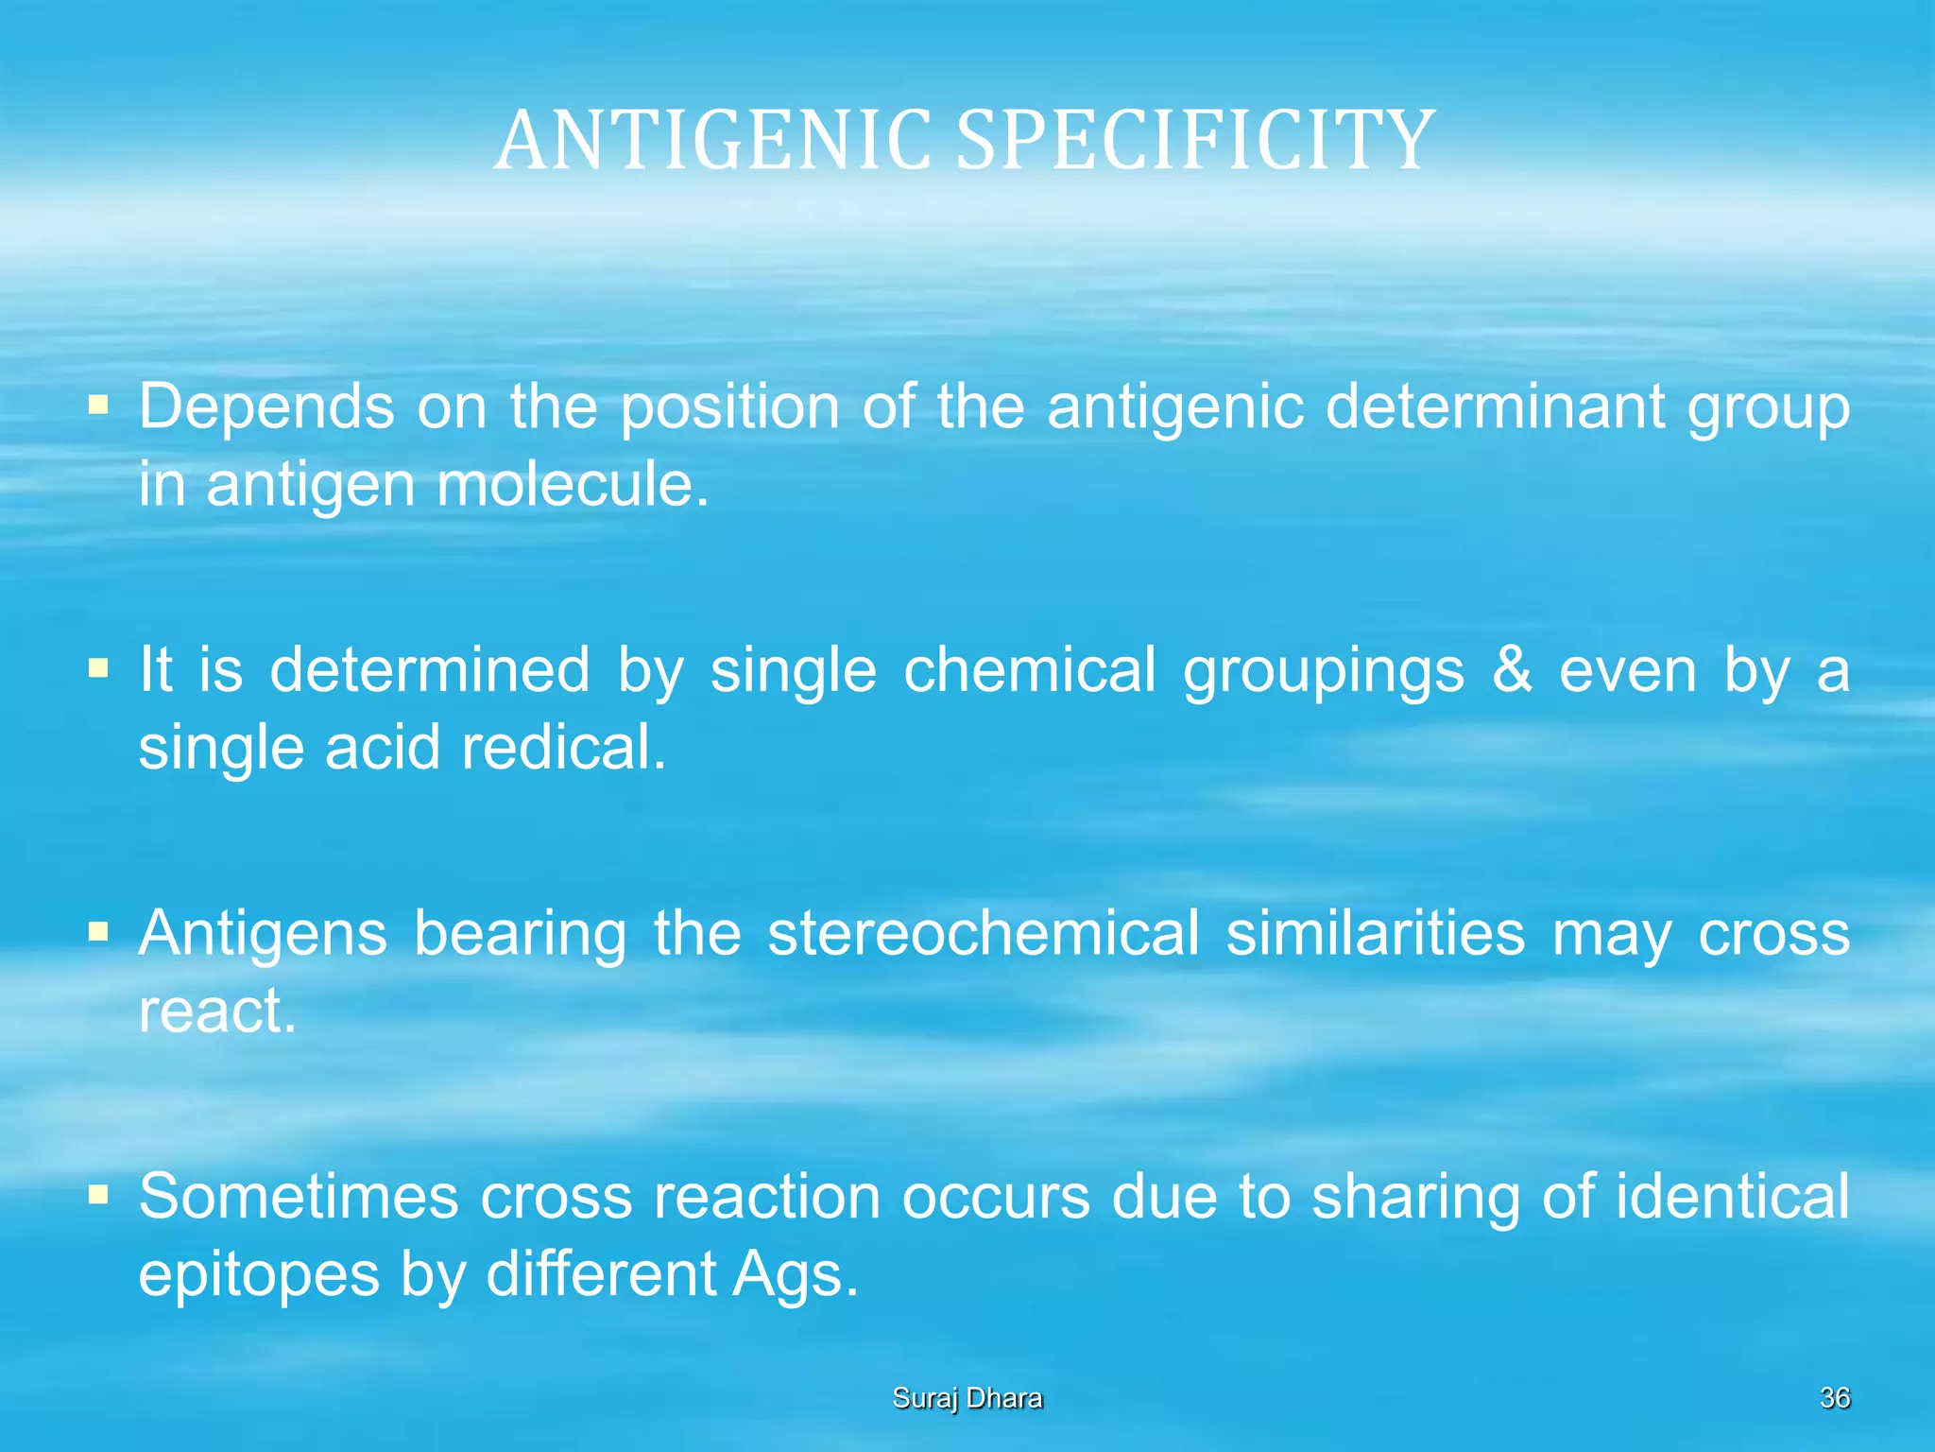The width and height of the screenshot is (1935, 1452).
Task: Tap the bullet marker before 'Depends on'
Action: (x=97, y=406)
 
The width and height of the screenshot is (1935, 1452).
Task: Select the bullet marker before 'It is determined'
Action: (x=97, y=669)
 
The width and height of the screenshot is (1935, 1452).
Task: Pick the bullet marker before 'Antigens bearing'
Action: (x=97, y=933)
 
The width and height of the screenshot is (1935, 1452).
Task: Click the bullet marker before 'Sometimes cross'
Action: (x=97, y=1196)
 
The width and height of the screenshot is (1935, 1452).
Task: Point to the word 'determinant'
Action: (x=1495, y=407)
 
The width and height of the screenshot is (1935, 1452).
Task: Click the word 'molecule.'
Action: (x=572, y=484)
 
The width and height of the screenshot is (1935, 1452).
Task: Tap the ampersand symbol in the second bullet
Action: (x=1512, y=669)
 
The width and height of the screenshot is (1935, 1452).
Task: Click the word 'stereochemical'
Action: (x=983, y=933)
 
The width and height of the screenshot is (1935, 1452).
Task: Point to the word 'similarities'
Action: (x=1375, y=933)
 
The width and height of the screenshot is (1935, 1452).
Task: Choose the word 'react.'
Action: (x=217, y=1011)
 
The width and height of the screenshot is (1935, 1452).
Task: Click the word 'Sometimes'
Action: (x=299, y=1196)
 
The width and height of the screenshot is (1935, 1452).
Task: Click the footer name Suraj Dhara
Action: (x=967, y=1398)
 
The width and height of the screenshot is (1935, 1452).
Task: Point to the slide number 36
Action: (x=1834, y=1398)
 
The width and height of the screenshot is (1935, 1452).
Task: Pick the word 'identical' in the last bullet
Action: (x=1732, y=1196)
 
